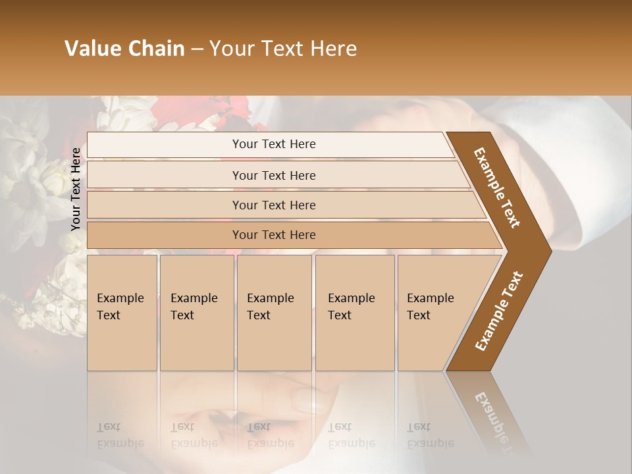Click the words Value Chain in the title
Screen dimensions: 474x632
(x=124, y=49)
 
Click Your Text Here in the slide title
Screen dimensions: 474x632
(x=283, y=49)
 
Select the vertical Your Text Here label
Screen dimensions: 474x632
(x=76, y=189)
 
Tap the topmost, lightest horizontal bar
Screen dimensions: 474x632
(x=274, y=144)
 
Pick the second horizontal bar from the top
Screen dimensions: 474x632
(x=274, y=175)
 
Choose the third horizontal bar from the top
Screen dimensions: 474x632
(x=274, y=205)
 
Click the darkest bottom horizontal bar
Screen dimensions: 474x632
(x=274, y=235)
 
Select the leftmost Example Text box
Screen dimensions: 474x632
(x=122, y=312)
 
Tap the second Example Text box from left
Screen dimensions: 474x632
(x=196, y=312)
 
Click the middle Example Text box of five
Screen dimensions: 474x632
(x=274, y=312)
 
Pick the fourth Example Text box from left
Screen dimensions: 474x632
(x=354, y=312)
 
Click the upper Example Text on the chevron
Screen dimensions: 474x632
(x=497, y=188)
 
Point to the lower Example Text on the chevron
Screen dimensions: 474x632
(x=499, y=311)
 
